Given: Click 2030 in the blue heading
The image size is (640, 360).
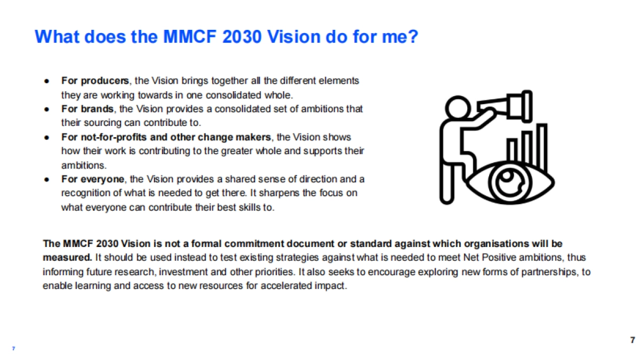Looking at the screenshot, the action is [x=242, y=37].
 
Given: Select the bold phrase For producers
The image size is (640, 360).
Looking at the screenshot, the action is [x=95, y=81].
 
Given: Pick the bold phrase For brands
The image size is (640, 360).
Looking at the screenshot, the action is [x=87, y=109].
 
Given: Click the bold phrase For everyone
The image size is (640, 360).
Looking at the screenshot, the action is [x=93, y=179].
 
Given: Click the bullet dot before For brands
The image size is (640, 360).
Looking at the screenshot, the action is [x=47, y=109].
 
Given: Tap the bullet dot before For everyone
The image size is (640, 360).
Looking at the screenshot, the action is [x=47, y=180].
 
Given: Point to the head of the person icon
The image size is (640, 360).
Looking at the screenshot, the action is [x=458, y=108].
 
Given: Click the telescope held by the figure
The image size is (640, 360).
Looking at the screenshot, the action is [x=505, y=106].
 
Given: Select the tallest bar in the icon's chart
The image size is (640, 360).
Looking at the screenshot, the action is [x=542, y=147].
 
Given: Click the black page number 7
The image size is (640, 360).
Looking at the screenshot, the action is [x=633, y=340].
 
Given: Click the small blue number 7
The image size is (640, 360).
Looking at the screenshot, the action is [x=13, y=348].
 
